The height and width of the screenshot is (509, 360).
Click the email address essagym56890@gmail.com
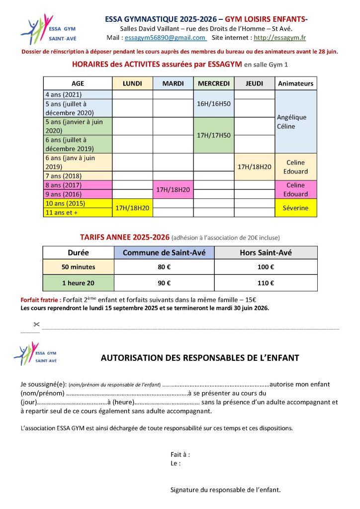click(165, 38)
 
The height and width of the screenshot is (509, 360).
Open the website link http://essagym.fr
click(280, 38)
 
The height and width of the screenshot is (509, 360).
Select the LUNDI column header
click(132, 84)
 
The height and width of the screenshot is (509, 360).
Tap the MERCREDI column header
click(213, 84)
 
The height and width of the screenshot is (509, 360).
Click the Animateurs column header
click(295, 84)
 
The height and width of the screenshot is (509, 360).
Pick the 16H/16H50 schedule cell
click(213, 104)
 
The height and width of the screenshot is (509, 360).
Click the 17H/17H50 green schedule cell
click(213, 135)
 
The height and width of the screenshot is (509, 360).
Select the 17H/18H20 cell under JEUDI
click(254, 167)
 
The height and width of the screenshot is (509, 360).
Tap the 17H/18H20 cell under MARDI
click(173, 189)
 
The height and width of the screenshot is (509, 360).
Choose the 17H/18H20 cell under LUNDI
click(132, 208)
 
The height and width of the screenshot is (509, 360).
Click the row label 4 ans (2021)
click(64, 94)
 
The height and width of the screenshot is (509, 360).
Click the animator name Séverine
click(295, 208)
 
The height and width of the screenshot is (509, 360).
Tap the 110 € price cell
click(266, 283)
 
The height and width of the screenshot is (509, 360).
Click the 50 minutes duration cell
click(78, 267)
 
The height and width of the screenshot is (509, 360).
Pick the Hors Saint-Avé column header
click(266, 253)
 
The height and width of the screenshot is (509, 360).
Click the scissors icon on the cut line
click(36, 325)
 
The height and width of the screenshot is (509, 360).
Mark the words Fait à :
click(180, 454)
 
